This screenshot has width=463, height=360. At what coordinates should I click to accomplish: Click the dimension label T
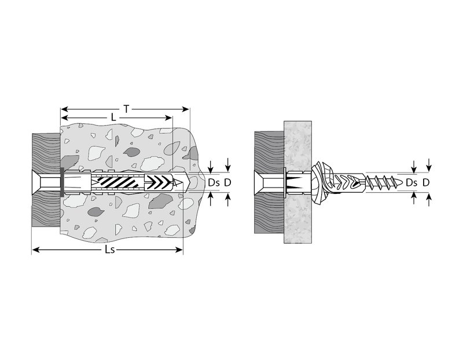click(x=126, y=109)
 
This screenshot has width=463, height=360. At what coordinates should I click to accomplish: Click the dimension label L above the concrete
click(x=113, y=118)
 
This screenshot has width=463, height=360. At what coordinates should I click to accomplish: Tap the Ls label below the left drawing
click(x=109, y=250)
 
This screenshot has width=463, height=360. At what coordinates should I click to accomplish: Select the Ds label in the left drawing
click(x=214, y=183)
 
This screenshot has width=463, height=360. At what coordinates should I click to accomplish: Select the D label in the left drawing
click(x=227, y=183)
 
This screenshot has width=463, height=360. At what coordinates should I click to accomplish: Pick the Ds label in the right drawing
click(x=411, y=183)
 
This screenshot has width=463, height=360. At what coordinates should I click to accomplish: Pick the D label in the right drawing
click(x=425, y=183)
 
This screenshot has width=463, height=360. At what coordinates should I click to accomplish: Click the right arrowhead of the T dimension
click(x=186, y=109)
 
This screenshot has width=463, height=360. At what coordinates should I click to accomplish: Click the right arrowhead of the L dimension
click(x=168, y=118)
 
